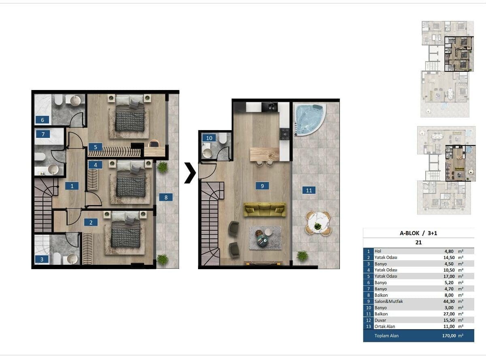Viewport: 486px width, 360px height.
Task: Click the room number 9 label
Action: [x=262, y=186]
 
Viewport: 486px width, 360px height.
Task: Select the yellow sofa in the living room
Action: [x=264, y=210]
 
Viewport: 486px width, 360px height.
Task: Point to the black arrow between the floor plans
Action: [x=190, y=173]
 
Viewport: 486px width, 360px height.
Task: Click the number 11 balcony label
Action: [x=309, y=190]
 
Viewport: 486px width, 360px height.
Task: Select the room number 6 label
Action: [x=42, y=120]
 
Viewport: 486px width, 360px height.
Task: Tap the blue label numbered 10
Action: [x=209, y=138]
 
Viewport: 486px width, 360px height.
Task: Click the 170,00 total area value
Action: [x=449, y=336]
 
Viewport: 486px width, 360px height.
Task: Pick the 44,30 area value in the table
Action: [x=449, y=302]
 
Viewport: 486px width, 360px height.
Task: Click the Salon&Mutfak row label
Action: [x=388, y=302]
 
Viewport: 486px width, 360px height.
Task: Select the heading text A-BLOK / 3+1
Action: [x=418, y=233]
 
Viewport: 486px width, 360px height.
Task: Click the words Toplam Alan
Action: [x=386, y=336]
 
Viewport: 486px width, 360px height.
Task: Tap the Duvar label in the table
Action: [x=380, y=320]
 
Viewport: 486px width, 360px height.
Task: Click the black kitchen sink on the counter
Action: [x=270, y=107]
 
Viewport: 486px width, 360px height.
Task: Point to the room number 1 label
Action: [x=72, y=186]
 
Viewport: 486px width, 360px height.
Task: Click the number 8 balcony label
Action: [x=166, y=197]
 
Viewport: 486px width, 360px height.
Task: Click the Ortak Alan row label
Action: [x=385, y=326]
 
